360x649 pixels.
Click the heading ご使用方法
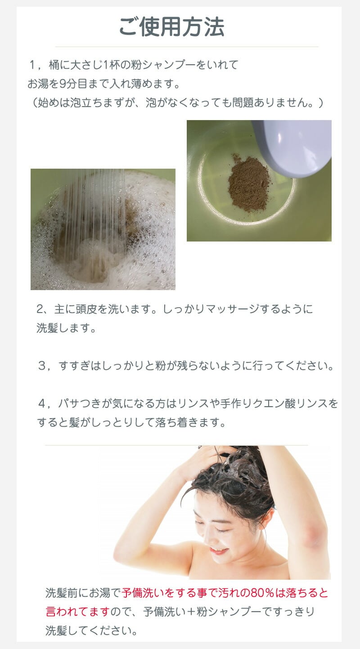pos(172,27)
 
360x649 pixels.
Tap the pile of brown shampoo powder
pos(249,183)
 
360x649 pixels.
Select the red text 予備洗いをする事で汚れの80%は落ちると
pos(225,592)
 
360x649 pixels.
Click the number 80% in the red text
pos(262,592)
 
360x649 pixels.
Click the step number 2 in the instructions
pos(40,309)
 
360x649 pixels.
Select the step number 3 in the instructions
pos(42,366)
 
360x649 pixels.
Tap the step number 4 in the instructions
pos(42,403)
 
